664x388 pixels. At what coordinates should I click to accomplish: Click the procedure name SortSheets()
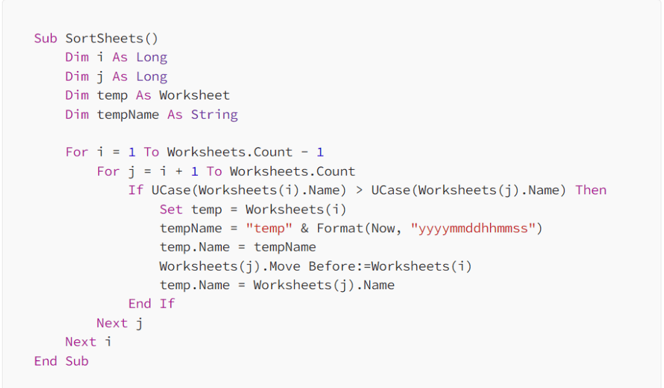tap(112, 38)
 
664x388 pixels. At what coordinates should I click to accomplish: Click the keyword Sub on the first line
tap(46, 38)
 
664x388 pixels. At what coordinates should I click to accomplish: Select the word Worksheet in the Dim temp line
tap(194, 96)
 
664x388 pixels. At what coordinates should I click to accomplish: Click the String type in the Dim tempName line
tap(214, 115)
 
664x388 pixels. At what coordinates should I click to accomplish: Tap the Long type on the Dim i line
tap(151, 58)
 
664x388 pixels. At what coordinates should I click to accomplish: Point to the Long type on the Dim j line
tap(151, 77)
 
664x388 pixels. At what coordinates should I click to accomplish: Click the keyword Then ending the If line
tap(590, 190)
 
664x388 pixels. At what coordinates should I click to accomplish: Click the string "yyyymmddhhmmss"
tap(473, 229)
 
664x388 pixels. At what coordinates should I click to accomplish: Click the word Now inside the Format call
tap(382, 229)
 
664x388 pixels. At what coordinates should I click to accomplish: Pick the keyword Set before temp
tap(171, 210)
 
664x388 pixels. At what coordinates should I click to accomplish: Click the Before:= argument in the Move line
tap(339, 267)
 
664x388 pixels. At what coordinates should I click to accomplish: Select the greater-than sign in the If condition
tap(359, 190)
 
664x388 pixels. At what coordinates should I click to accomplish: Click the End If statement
tap(151, 304)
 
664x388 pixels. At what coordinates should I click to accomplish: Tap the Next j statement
tap(120, 323)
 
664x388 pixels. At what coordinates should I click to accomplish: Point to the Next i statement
tap(88, 342)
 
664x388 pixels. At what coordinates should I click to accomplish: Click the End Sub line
tap(61, 361)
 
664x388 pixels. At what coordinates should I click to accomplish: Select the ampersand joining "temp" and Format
tap(305, 229)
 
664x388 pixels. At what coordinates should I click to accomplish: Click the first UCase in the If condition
tap(170, 190)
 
